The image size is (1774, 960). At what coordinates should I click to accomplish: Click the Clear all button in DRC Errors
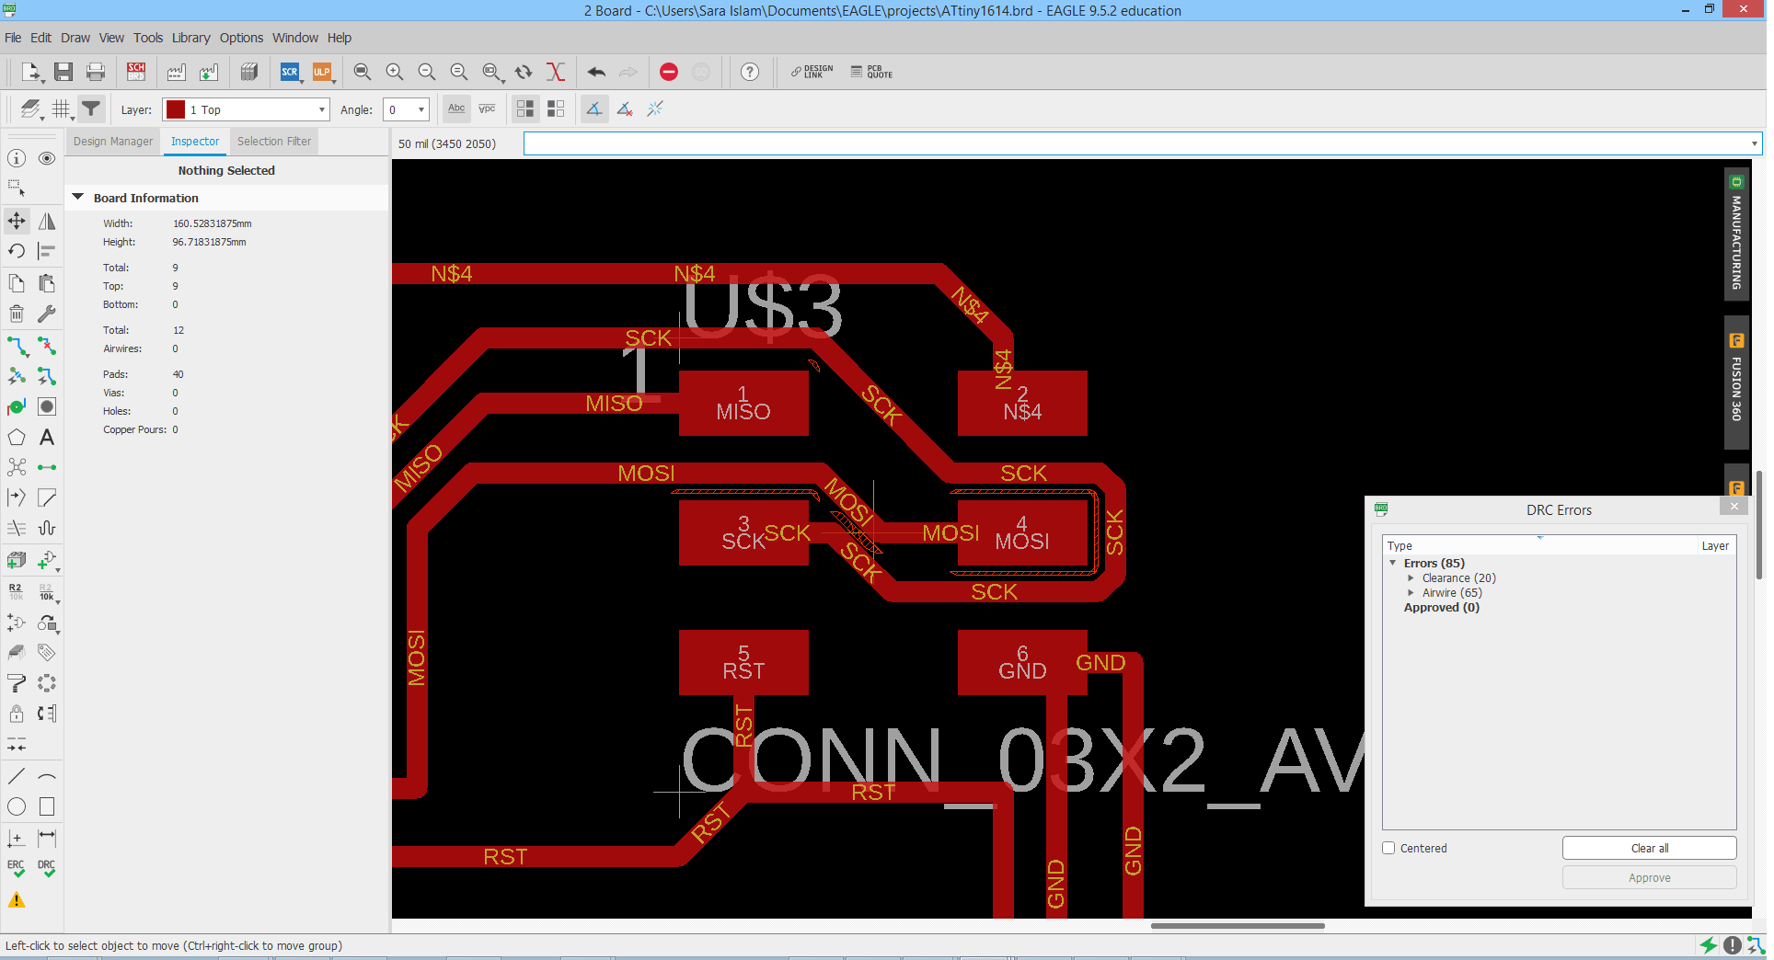[1648, 848]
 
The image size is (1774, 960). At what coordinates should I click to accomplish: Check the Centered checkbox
[1388, 848]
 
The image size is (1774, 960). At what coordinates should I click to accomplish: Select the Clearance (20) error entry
[1458, 578]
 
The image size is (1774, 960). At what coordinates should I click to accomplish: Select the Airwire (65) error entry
[1452, 593]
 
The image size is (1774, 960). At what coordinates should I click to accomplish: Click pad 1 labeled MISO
[743, 404]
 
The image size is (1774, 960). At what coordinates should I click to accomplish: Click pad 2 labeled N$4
[1021, 404]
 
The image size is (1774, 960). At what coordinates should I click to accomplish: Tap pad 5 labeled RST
[743, 662]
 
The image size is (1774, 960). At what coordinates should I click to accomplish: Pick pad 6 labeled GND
[1021, 662]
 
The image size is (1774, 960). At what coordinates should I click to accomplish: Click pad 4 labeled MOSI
[1021, 533]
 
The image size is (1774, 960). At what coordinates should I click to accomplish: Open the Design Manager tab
[113, 142]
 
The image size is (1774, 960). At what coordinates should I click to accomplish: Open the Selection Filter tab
[273, 142]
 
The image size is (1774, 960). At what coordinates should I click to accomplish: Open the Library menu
[190, 38]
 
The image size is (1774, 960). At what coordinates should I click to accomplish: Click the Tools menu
[147, 38]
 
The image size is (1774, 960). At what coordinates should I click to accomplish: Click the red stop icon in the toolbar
[669, 72]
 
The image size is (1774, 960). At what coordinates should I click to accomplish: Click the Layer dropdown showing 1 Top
[246, 109]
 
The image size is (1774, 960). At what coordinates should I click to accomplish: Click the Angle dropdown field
[406, 109]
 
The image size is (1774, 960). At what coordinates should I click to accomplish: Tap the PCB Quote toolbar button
[871, 72]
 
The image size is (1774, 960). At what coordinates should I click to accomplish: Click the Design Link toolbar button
[812, 72]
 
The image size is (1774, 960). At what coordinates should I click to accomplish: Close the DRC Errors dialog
[1734, 507]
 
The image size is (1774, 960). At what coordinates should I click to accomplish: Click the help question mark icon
[750, 72]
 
